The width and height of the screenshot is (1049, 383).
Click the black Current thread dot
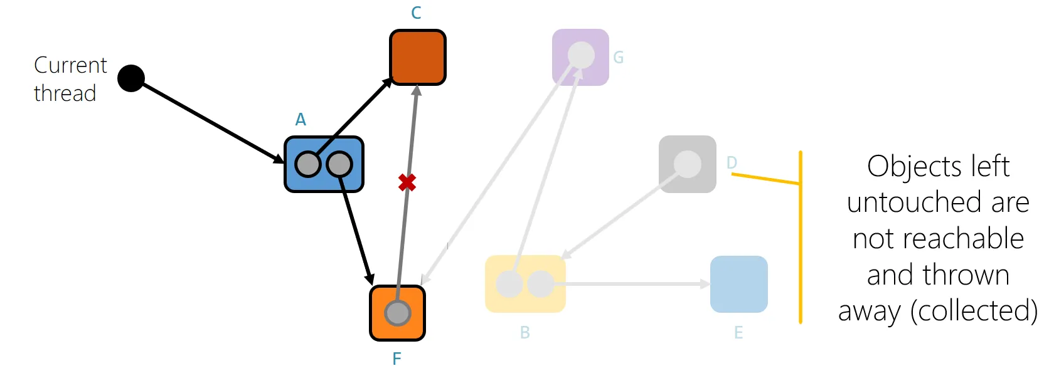pos(131,78)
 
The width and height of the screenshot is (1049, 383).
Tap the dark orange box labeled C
pos(418,57)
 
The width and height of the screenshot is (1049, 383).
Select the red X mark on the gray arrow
pos(407,182)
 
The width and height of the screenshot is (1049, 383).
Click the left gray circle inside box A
pos(308,164)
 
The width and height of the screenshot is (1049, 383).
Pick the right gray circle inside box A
pos(339,164)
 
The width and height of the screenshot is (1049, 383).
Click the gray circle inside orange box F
pos(397,313)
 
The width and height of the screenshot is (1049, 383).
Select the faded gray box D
pos(688,164)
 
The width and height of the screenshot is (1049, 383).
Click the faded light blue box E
pos(739,284)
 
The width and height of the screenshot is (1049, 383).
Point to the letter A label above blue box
pos(301,120)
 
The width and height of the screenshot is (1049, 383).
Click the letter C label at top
pos(416,13)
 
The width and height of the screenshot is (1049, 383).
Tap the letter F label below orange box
pos(397,359)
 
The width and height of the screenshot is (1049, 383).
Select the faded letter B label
pos(525,333)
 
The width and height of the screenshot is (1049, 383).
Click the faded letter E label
pos(738,333)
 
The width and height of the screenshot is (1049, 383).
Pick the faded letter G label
pos(619,58)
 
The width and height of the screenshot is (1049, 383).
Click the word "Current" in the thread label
pos(70,65)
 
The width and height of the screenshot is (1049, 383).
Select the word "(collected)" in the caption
pos(974,310)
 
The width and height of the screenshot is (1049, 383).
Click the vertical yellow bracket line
pos(801,251)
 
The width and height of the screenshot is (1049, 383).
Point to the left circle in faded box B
pos(509,285)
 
